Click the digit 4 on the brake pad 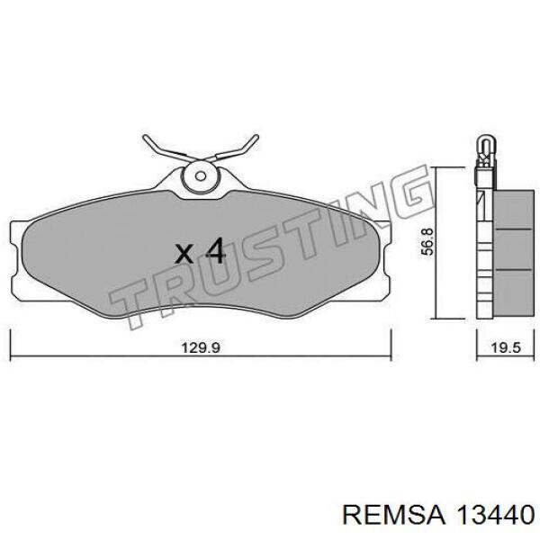tap(213, 250)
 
